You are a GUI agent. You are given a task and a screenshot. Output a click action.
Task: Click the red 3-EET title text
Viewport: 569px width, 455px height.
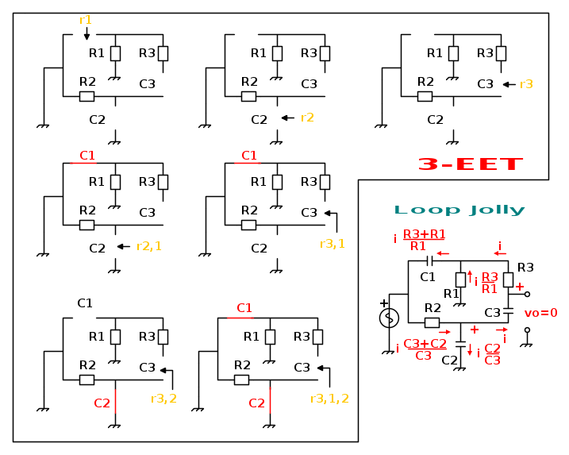click(470, 164)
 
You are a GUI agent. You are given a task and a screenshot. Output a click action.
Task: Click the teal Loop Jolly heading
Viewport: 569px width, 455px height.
click(459, 210)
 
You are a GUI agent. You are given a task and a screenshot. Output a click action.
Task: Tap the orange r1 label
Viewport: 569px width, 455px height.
click(86, 19)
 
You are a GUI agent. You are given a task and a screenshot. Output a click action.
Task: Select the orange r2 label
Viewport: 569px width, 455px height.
click(307, 118)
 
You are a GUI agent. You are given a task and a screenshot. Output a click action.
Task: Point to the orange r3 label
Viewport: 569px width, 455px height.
click(526, 83)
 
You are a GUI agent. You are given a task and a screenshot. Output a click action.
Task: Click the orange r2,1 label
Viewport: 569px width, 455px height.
click(148, 246)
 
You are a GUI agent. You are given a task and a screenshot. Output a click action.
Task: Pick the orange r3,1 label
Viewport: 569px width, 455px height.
click(332, 244)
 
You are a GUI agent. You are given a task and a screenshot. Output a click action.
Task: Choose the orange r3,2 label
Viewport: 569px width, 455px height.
click(163, 398)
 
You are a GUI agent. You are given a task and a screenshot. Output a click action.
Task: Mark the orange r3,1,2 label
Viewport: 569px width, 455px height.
click(329, 398)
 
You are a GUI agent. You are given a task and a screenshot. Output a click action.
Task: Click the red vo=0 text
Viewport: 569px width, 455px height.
click(541, 313)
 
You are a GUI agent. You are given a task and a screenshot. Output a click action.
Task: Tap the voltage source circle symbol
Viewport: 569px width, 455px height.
click(388, 318)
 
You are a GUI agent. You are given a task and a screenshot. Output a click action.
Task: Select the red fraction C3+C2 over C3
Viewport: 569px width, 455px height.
click(425, 349)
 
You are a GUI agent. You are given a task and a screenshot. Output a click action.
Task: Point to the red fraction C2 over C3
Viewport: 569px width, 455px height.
click(492, 354)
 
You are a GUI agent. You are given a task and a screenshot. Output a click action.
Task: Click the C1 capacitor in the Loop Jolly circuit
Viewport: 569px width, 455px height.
click(429, 260)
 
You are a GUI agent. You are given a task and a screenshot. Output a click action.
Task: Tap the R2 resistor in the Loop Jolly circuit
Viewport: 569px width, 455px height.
click(432, 322)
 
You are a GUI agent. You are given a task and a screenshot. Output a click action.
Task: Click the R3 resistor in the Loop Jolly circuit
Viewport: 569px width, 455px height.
click(508, 280)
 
